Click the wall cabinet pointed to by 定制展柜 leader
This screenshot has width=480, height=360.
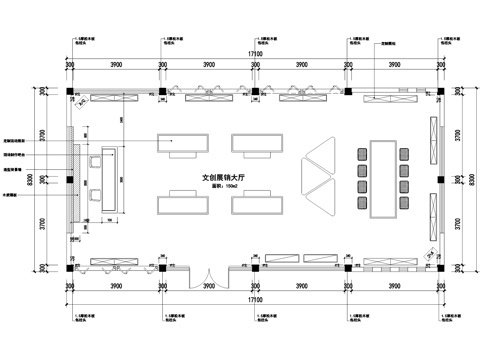click(x=380, y=98)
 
